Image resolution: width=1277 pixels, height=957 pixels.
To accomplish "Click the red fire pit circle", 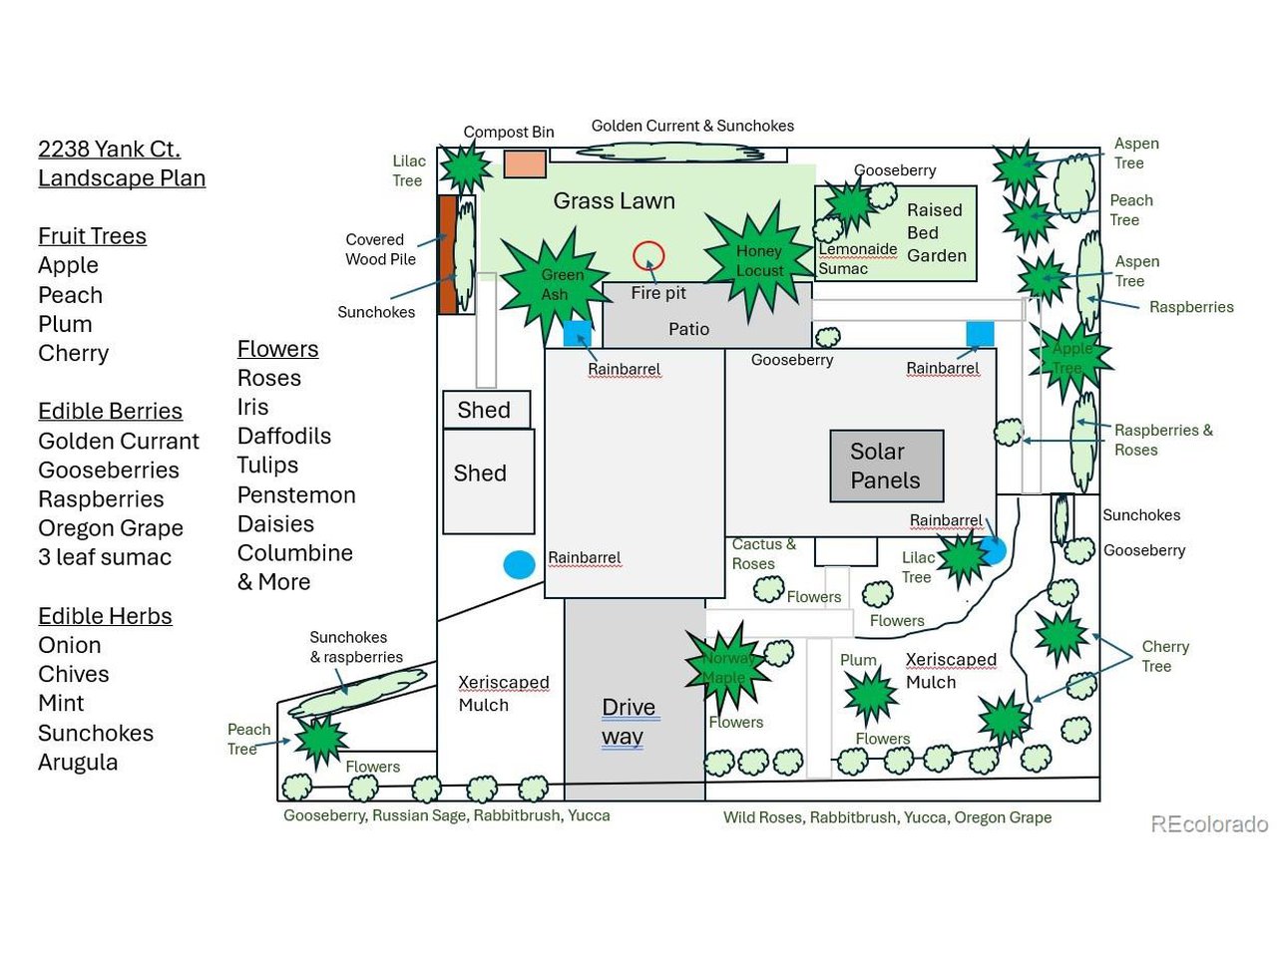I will click(x=648, y=256).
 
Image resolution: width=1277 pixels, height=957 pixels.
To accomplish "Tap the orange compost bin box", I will click(x=525, y=163).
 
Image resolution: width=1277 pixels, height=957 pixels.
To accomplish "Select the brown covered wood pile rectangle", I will click(x=447, y=254).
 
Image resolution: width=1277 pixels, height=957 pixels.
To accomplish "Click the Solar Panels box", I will click(x=886, y=466).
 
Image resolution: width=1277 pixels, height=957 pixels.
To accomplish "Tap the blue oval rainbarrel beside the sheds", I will click(x=519, y=564).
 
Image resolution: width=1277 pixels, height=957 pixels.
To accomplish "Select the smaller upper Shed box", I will click(x=486, y=410).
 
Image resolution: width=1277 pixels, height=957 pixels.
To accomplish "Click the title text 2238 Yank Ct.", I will click(x=110, y=150).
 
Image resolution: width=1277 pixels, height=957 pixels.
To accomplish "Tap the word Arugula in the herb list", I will click(x=78, y=762).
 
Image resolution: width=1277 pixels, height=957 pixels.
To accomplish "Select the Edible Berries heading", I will click(x=110, y=411).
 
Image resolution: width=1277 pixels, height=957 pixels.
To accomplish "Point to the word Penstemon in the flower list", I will click(x=296, y=494).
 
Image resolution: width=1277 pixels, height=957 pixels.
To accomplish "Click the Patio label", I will click(x=688, y=329).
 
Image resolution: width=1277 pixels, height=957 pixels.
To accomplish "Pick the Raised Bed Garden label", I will click(x=936, y=232).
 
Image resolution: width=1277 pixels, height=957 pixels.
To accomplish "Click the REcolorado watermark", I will click(x=1209, y=823).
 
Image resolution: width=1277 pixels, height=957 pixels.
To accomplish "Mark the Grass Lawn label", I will click(x=615, y=201).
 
